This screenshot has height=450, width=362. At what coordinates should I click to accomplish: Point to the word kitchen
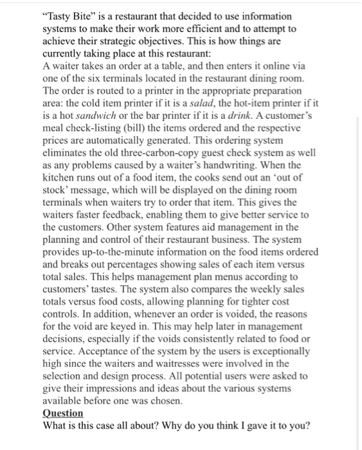(x=59, y=174)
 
